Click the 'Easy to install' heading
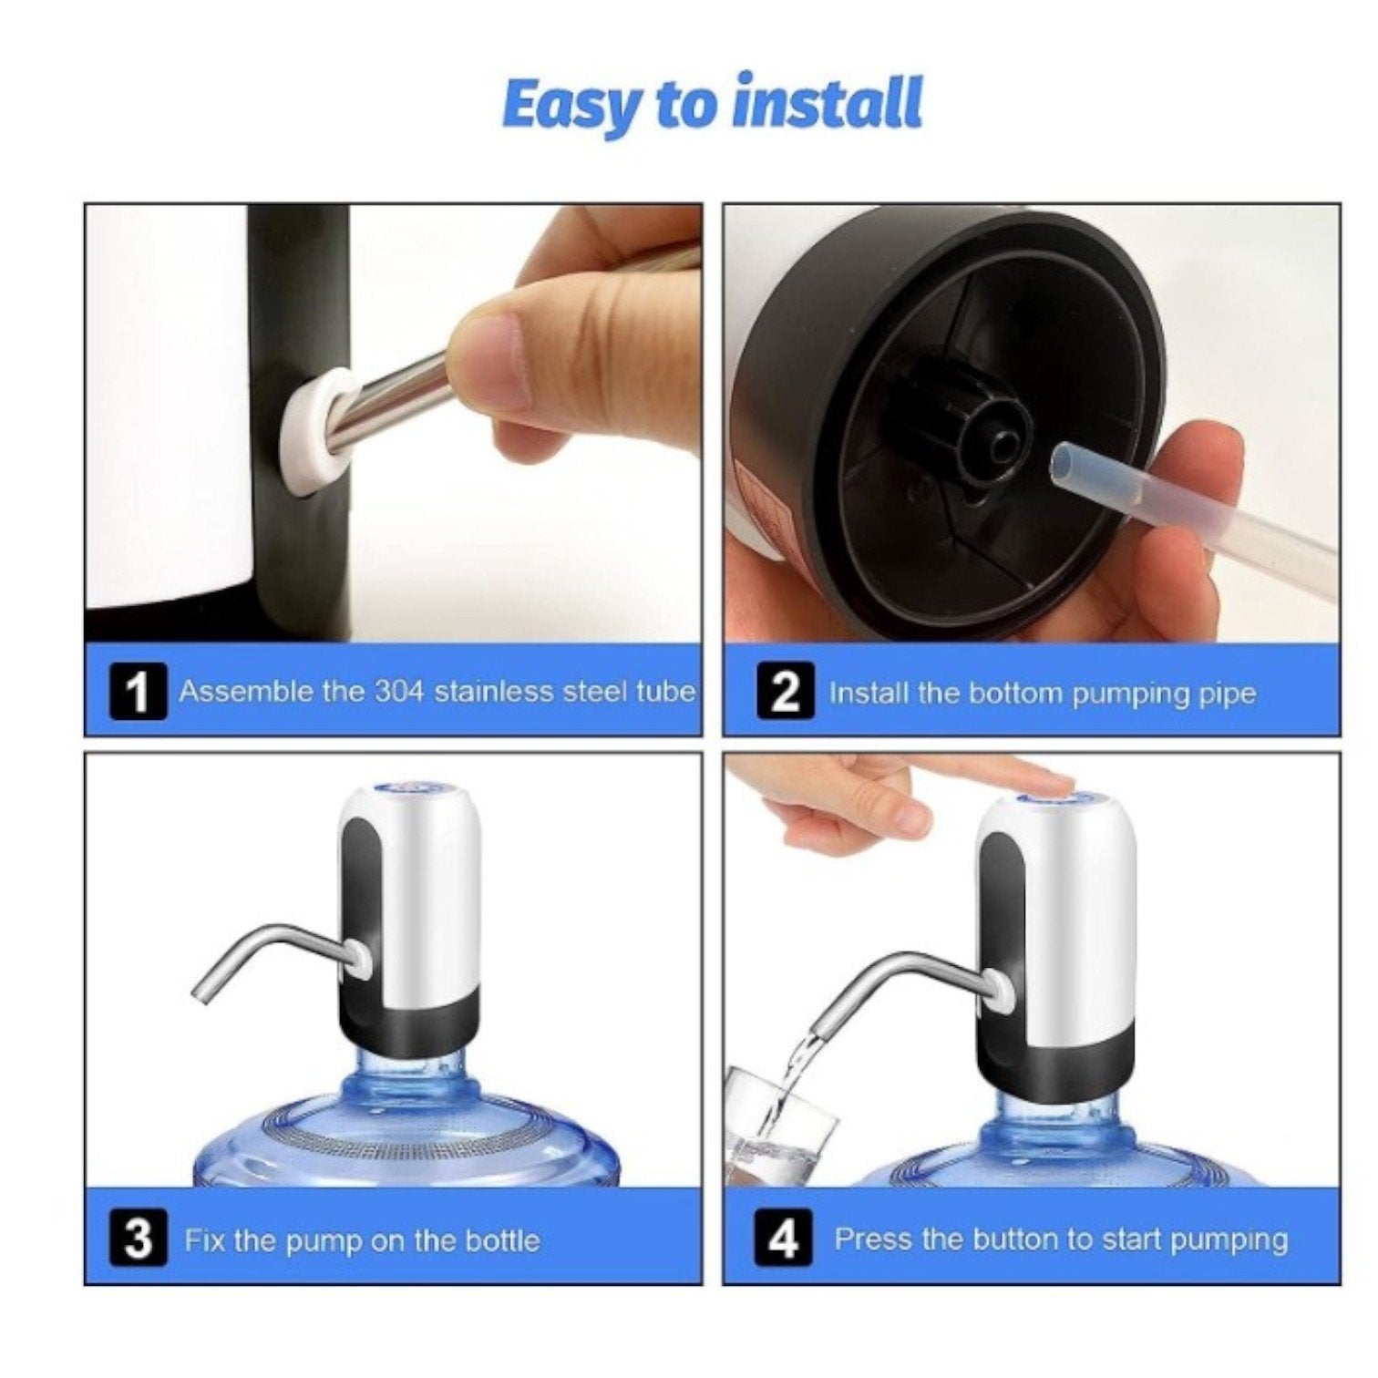(712, 105)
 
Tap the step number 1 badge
(138, 693)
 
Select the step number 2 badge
(785, 693)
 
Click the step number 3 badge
(138, 1240)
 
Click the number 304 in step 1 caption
(398, 692)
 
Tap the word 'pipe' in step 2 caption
(1228, 694)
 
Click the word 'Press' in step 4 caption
(874, 1240)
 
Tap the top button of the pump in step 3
(412, 786)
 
